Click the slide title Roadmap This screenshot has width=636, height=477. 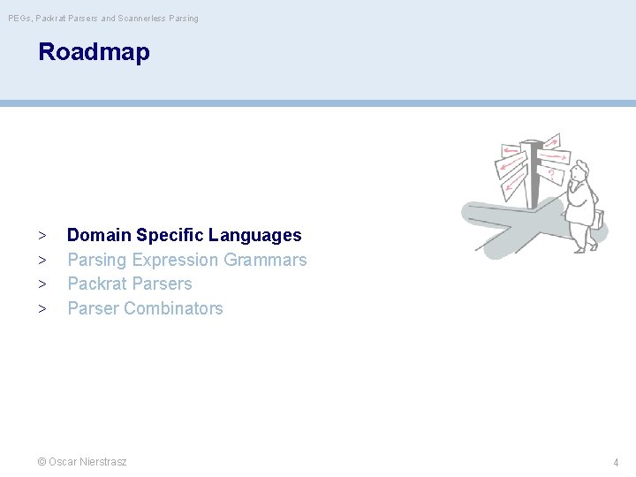[x=94, y=52]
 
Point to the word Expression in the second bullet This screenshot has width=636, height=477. [x=175, y=260]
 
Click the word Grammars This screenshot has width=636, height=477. [x=265, y=260]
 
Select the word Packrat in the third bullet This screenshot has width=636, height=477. [x=95, y=284]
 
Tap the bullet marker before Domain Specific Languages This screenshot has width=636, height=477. [x=42, y=236]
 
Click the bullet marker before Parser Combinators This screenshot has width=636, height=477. [x=42, y=309]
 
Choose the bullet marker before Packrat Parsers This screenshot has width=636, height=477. [x=42, y=284]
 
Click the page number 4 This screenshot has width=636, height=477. [x=616, y=462]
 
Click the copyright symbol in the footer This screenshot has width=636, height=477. [x=42, y=461]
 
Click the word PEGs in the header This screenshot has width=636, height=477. [x=19, y=18]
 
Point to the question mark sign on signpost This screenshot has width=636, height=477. [x=551, y=175]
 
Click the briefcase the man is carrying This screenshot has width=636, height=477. [x=599, y=218]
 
